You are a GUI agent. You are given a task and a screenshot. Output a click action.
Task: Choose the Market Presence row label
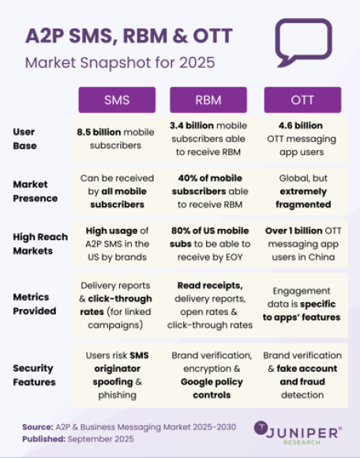point(37,191)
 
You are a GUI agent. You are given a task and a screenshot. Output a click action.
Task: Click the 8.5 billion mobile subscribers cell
point(117,138)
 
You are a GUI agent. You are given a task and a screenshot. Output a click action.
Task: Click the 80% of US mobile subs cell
point(212,244)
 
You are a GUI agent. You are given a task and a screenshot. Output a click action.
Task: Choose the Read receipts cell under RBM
point(212,304)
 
